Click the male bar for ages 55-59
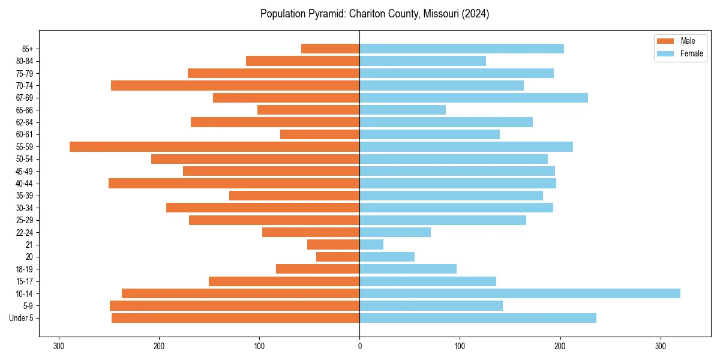coord(214,146)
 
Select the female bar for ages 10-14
coord(520,293)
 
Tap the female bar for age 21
coord(371,244)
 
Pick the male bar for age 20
coord(338,257)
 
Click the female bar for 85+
coord(461,49)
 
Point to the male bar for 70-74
coord(235,85)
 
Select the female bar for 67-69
coord(473,98)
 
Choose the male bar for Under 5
coord(235,318)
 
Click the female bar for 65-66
coord(403,110)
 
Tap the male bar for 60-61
coord(320,134)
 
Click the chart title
coord(374,14)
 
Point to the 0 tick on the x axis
coord(359,346)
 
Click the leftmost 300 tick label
coord(59,346)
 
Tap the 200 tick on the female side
coord(560,346)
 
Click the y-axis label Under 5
coord(21,318)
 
